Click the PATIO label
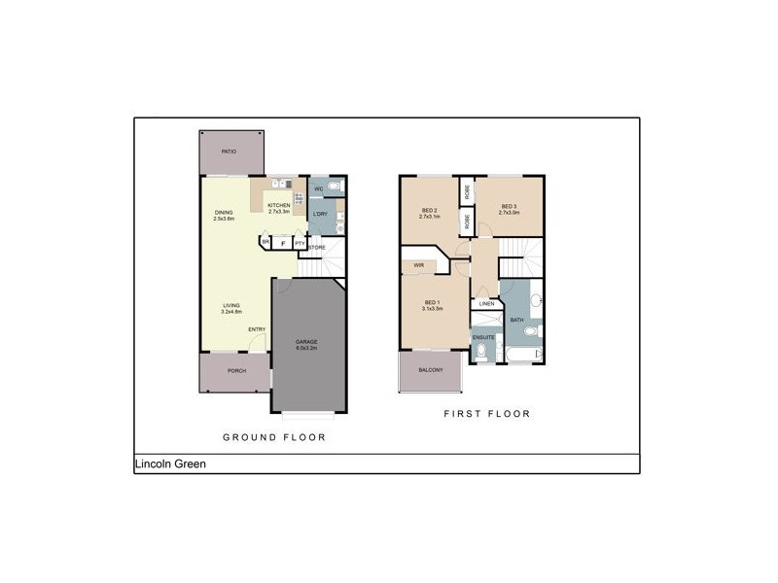coord(229,153)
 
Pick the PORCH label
coord(235,371)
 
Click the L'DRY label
coord(319,215)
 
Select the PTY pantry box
coord(301,243)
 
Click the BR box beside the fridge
coord(265,243)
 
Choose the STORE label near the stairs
coord(317,248)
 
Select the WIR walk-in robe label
coord(419,263)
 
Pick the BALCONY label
coord(430,370)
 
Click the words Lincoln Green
coord(169,464)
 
